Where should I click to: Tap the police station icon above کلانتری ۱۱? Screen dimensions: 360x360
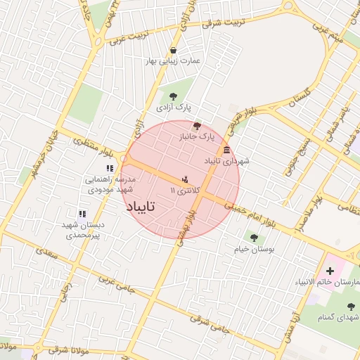click(x=185, y=178)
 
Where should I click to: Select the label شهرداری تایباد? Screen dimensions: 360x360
click(x=226, y=162)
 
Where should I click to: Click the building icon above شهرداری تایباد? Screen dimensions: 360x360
click(x=226, y=150)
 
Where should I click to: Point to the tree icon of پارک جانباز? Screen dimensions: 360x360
click(x=197, y=125)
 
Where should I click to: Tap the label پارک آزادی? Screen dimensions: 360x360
click(x=174, y=108)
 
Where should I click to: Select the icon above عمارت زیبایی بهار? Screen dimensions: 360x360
click(x=173, y=50)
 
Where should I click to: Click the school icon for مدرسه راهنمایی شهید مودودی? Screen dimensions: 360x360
click(x=109, y=168)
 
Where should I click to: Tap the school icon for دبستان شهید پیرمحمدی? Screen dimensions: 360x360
click(x=82, y=213)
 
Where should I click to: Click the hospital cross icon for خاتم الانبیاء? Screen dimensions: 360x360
click(x=330, y=271)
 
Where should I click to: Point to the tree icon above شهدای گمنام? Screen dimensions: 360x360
click(x=351, y=306)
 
